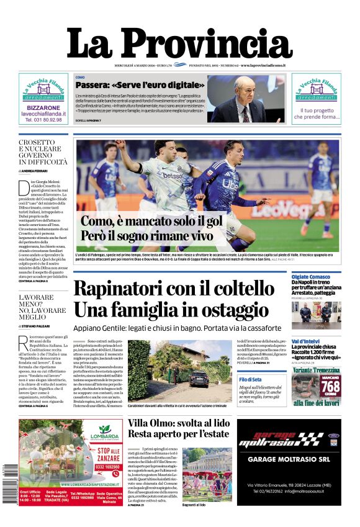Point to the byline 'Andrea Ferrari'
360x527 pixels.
click(36, 170)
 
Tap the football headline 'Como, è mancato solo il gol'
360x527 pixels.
click(151, 222)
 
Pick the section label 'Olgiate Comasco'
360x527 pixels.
click(311, 276)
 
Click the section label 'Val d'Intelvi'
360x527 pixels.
click(305, 341)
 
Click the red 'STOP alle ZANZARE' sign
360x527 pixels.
click(108, 453)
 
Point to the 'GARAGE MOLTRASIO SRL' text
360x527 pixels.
click(290, 460)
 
